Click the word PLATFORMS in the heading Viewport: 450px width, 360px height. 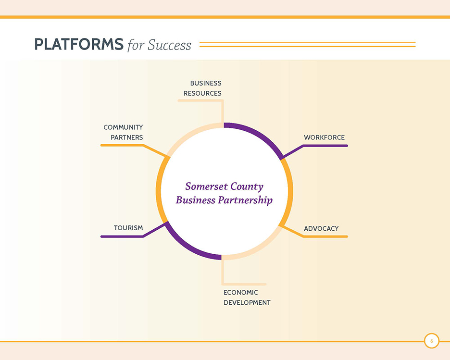click(79, 44)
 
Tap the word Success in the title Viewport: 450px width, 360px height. click(169, 45)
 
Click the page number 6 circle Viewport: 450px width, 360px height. click(432, 341)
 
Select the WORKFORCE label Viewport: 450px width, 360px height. click(325, 137)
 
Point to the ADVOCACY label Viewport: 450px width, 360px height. click(321, 229)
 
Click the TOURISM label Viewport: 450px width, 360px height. click(128, 228)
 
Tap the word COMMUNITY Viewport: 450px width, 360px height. click(123, 127)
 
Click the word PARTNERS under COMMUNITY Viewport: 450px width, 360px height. click(126, 137)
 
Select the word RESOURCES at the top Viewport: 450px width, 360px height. click(202, 93)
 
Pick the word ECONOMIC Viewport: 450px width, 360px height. click(240, 292)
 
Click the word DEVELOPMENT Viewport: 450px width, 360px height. click(247, 303)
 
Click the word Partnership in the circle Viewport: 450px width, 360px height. click(245, 200)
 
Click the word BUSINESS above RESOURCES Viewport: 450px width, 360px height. click(206, 83)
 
